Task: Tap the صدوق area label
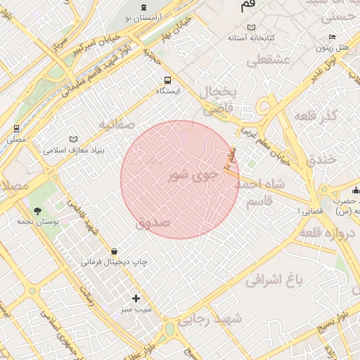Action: click(x=153, y=223)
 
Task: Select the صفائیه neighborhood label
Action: click(x=116, y=124)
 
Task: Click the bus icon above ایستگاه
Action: click(x=167, y=80)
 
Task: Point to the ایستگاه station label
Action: click(x=168, y=91)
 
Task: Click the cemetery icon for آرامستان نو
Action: click(x=145, y=6)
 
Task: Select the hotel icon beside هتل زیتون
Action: click(x=333, y=37)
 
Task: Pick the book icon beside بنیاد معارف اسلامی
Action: click(x=74, y=139)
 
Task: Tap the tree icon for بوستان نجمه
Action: click(x=37, y=210)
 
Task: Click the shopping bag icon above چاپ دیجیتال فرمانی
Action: click(x=114, y=251)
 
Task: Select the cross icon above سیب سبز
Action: click(x=136, y=298)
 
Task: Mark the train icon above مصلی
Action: click(x=16, y=129)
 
